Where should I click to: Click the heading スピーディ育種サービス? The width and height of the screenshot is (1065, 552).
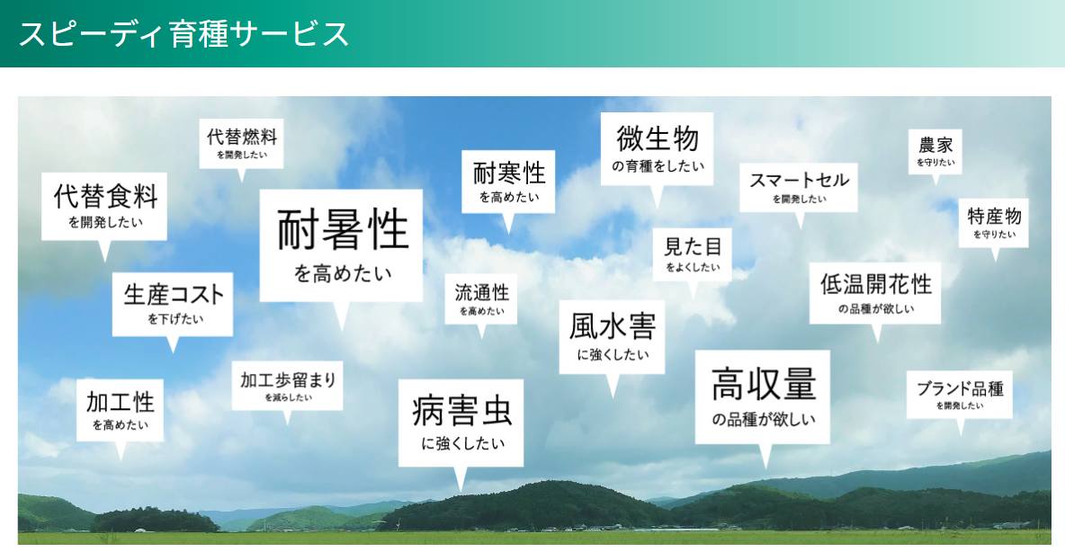click(x=183, y=34)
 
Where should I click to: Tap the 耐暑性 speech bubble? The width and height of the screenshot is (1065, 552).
click(x=341, y=245)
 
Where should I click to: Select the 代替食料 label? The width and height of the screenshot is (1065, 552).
click(x=104, y=206)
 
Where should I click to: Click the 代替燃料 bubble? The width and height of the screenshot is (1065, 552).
click(x=241, y=143)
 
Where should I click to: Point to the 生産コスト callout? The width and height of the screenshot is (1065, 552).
click(x=173, y=303)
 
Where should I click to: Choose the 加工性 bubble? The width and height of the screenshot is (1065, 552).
click(x=120, y=409)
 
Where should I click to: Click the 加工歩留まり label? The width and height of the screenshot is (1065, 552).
click(x=287, y=386)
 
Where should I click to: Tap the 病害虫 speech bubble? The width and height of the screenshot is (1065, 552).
click(x=461, y=423)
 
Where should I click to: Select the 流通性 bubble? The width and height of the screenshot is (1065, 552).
click(x=481, y=298)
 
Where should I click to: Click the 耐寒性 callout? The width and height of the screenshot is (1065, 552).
click(x=508, y=182)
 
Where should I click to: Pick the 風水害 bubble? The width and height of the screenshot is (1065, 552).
click(x=612, y=335)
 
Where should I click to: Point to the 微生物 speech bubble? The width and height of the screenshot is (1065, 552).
click(x=657, y=148)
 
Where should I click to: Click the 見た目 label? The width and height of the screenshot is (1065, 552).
click(x=692, y=254)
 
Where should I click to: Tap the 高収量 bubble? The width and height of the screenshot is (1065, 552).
click(x=763, y=396)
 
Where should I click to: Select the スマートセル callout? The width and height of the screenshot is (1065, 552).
click(x=799, y=187)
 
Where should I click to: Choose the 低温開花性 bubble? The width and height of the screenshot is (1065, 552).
click(x=875, y=292)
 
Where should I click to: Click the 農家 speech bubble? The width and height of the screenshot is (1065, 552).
click(x=935, y=151)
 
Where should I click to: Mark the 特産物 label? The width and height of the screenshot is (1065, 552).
click(x=993, y=222)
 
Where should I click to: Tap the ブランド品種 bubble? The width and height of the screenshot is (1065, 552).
click(x=959, y=394)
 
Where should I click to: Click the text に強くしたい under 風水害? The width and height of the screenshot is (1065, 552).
click(x=612, y=355)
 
